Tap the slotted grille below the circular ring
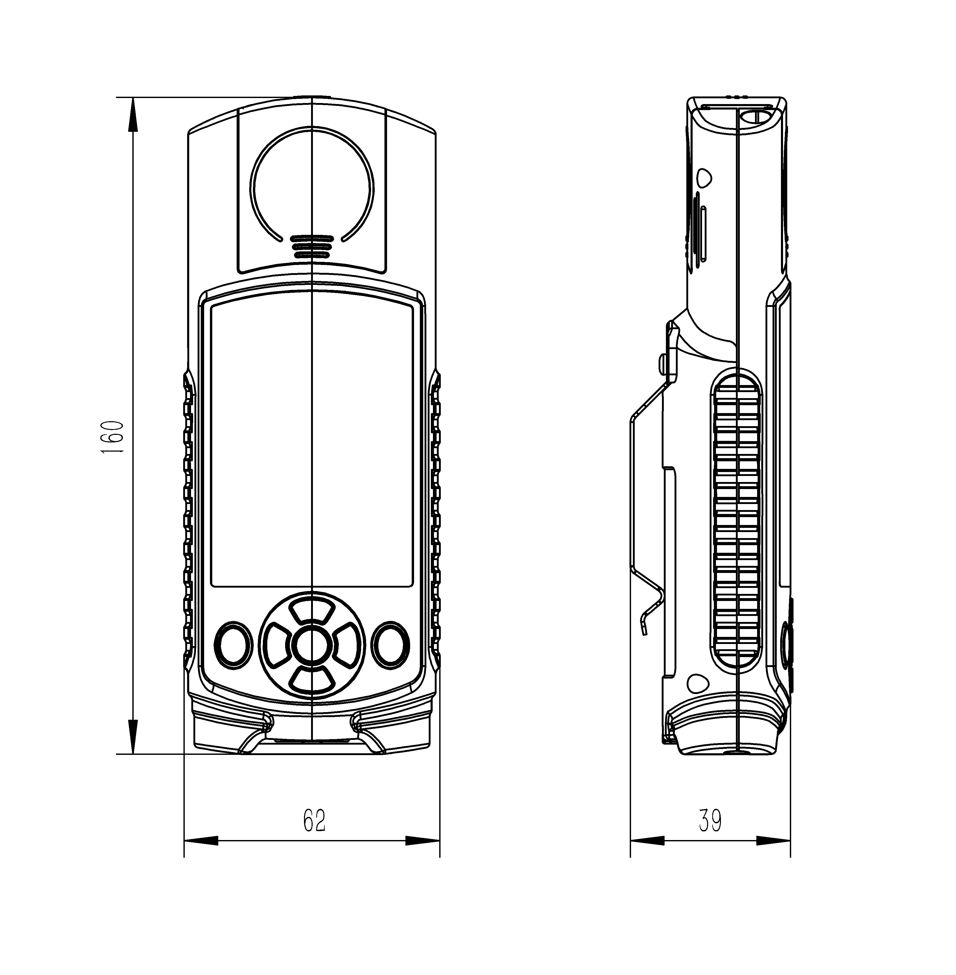coord(312,246)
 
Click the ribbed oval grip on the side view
coord(737,522)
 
